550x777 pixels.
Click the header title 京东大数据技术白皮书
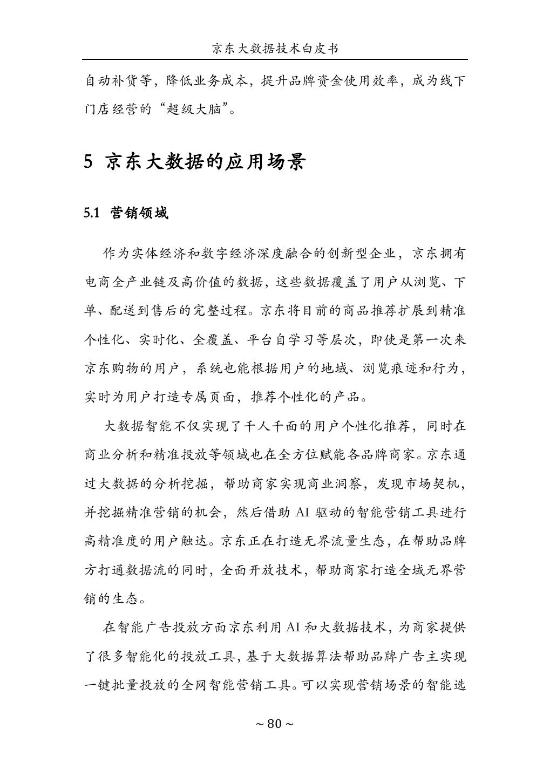[275, 49]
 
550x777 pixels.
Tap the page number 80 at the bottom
[275, 724]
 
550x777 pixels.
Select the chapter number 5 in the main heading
[89, 161]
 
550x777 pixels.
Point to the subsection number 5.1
[92, 213]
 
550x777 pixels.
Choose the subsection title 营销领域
[139, 213]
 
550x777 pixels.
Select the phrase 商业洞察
[329, 483]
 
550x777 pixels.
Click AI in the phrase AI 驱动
[302, 512]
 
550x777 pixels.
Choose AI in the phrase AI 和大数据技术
[293, 628]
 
